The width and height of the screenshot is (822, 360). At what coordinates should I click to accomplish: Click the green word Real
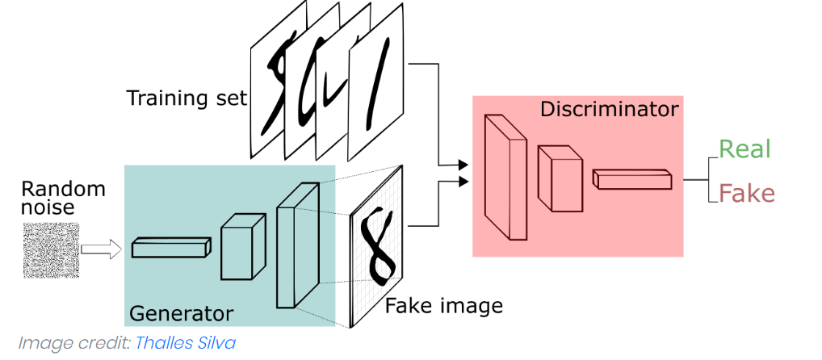(744, 149)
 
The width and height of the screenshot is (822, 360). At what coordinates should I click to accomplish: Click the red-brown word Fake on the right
(746, 194)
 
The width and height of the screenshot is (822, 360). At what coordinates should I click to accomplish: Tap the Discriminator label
(610, 109)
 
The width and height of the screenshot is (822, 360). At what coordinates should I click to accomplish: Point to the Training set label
(187, 98)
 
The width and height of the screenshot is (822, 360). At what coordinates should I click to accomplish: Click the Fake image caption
(443, 306)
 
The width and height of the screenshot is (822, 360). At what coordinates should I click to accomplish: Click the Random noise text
(63, 199)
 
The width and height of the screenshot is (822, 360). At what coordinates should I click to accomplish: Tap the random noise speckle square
(52, 250)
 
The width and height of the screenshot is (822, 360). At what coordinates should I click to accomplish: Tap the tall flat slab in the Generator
(296, 245)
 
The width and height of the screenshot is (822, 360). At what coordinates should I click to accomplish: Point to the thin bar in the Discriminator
(631, 179)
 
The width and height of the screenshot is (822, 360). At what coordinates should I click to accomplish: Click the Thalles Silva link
(186, 343)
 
